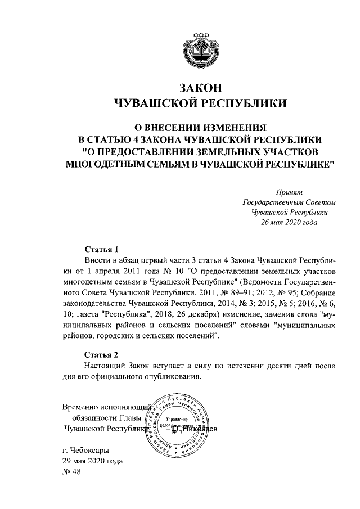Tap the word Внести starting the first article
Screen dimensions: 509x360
pos(97,261)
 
